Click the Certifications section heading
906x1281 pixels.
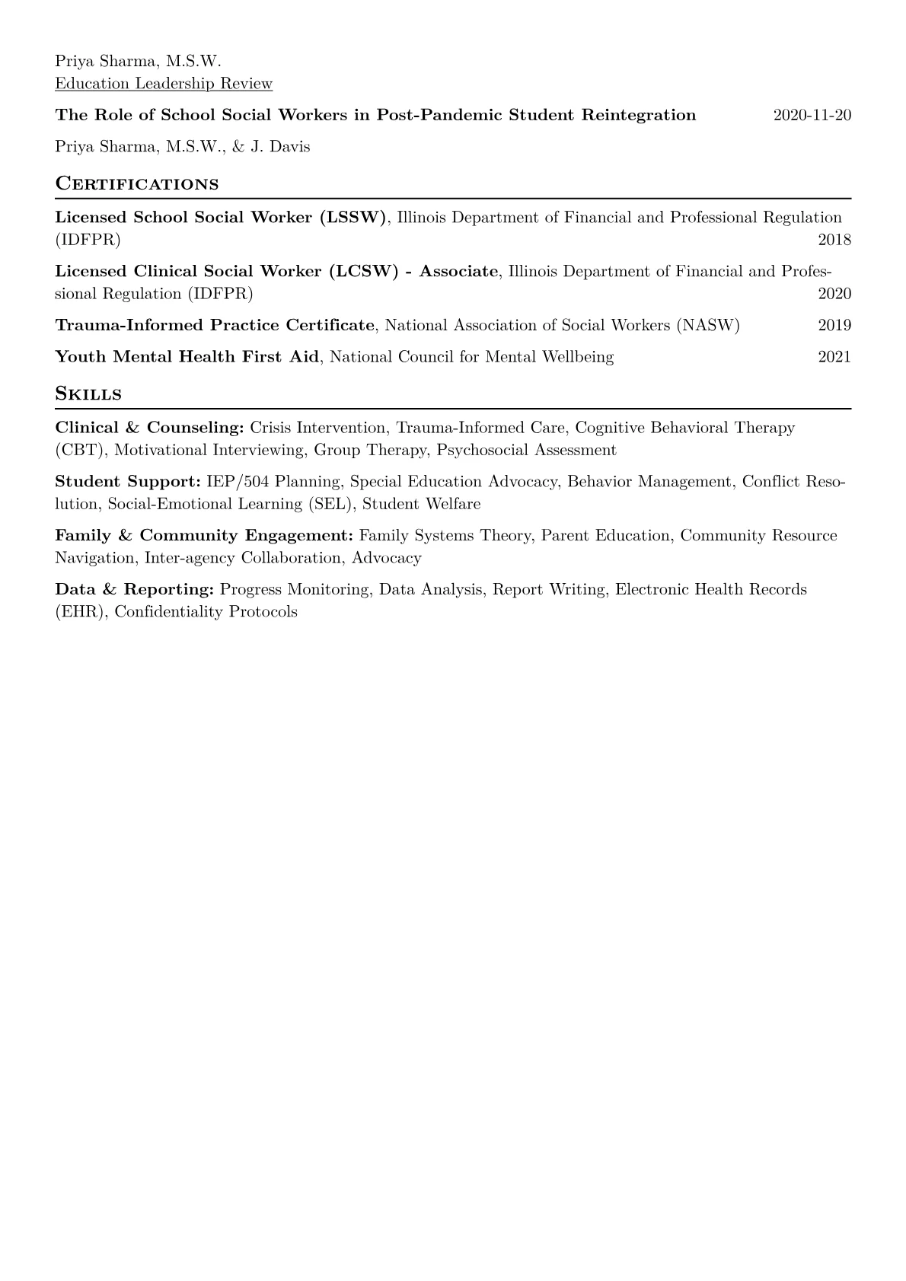(137, 184)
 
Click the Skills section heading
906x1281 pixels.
(88, 394)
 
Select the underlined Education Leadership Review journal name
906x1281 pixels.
(164, 84)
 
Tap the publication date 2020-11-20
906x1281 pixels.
(812, 115)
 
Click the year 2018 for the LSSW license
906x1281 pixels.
(834, 241)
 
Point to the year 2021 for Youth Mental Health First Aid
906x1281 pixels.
(834, 357)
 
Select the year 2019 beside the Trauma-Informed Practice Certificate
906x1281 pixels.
(834, 326)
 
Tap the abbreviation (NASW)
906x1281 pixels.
(711, 326)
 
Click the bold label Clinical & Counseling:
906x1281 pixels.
(149, 428)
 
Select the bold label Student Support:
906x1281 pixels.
(128, 482)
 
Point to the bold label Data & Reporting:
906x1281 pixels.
(134, 590)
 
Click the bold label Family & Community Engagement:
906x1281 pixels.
(204, 536)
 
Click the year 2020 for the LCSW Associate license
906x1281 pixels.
(834, 295)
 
